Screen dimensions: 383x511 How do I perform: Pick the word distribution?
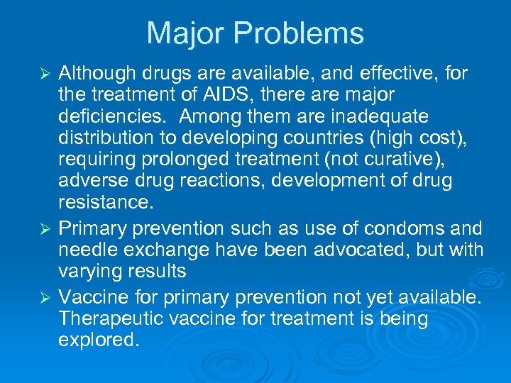105,138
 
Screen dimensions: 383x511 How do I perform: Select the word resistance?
106,203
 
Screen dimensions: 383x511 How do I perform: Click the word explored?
97,340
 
